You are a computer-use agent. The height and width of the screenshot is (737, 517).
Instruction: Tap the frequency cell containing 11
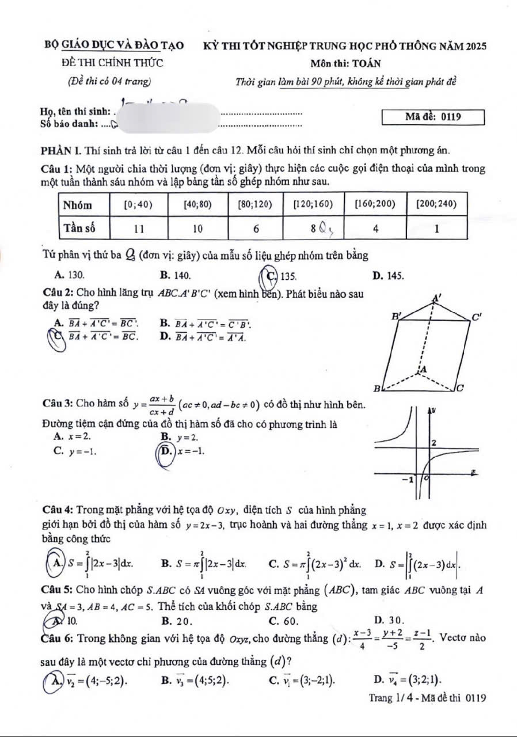pos(139,228)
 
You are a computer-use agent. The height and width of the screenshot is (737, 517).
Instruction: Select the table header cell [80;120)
pos(256,204)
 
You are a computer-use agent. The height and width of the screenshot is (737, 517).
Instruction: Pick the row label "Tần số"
pos(79,227)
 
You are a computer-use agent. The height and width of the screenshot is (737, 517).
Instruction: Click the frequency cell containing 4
pos(375,228)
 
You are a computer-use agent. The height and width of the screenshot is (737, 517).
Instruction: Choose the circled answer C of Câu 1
pos(269,275)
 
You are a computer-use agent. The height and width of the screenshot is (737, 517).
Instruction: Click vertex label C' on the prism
pos(477,317)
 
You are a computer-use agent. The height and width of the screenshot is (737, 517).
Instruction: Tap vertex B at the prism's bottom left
pos(378,389)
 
